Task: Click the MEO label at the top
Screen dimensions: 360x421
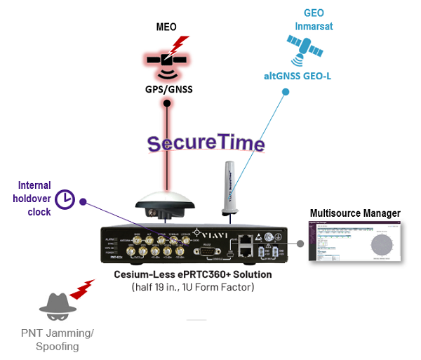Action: [166, 29]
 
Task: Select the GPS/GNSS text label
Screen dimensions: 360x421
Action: [167, 89]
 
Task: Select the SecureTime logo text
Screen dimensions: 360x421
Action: [206, 143]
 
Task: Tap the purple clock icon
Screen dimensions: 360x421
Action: [65, 199]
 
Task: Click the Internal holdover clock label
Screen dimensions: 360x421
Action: [34, 199]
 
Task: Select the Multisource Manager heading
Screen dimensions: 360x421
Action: [355, 213]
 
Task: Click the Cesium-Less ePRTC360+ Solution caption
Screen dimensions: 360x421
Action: [193, 274]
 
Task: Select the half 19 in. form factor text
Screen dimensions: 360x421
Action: [193, 287]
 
